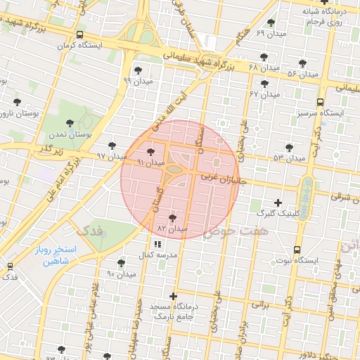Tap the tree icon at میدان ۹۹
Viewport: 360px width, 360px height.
click(136, 70)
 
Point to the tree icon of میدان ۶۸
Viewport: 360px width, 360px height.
click(264, 57)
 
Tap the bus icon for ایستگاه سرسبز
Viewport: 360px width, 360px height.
click(321, 101)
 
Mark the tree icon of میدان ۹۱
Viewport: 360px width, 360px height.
click(150, 152)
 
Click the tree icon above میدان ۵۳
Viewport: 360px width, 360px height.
click(289, 147)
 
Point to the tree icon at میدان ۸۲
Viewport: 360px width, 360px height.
click(173, 219)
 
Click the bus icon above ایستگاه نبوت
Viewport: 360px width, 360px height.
click(297, 250)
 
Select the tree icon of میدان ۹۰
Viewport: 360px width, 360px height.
click(121, 263)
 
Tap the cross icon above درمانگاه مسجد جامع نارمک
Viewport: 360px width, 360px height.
click(173, 296)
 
